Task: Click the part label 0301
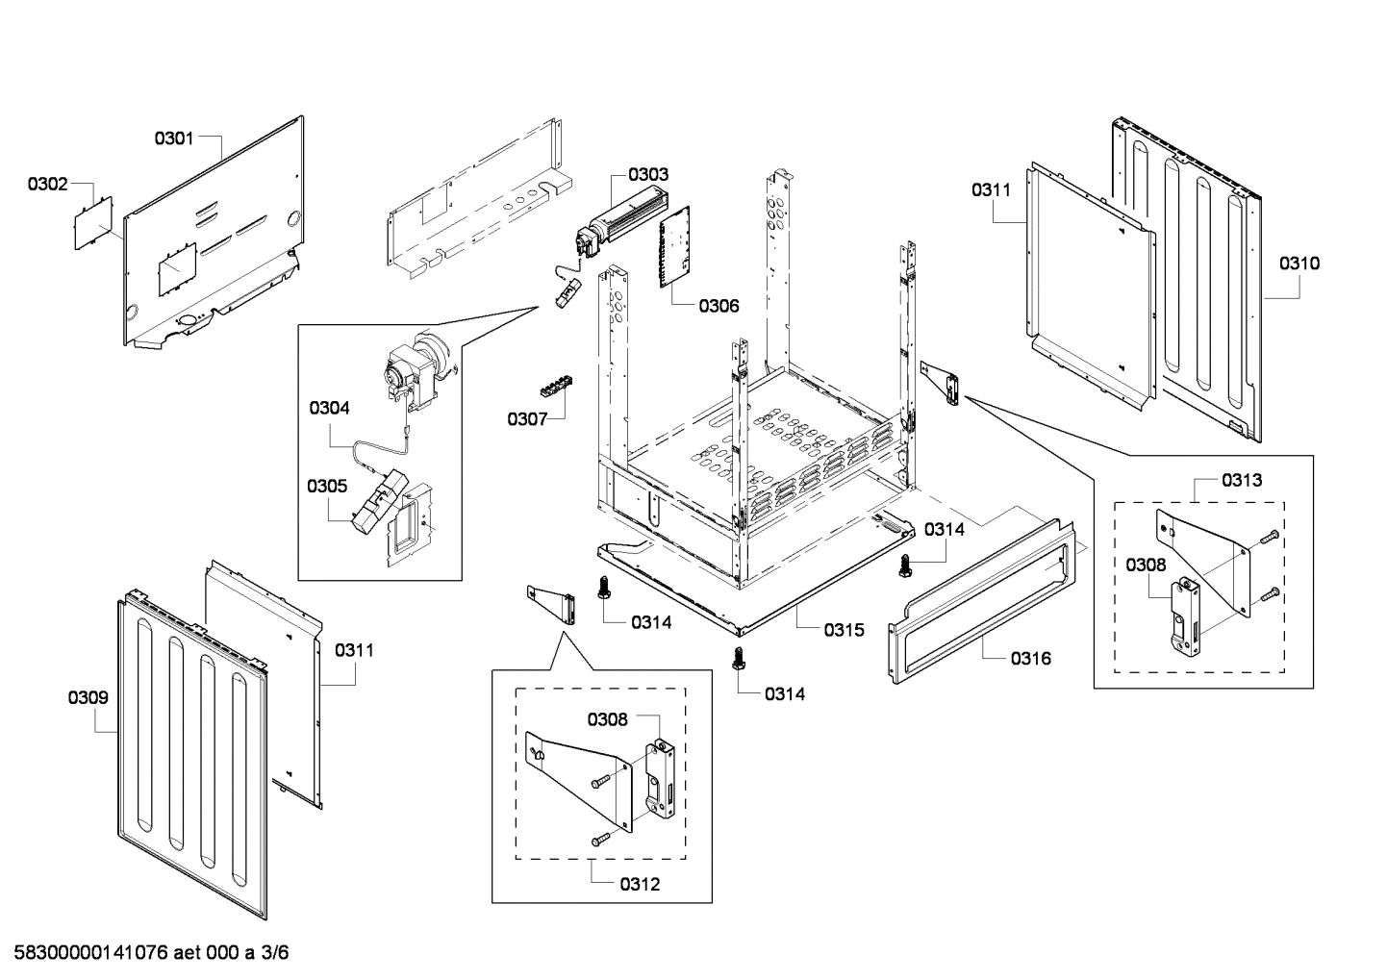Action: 174,138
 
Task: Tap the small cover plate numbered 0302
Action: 94,223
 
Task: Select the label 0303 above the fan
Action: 648,175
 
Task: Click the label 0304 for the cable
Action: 329,408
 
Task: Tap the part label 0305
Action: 327,487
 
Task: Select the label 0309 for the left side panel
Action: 88,697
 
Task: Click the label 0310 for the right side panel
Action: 1299,263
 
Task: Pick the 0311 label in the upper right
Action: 991,190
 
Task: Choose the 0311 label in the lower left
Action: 354,651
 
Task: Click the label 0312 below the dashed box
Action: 641,884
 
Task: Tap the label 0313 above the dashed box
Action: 1242,480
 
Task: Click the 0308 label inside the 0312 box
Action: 608,719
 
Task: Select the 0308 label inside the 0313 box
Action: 1146,565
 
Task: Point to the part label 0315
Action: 844,630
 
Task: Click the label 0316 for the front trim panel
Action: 1030,659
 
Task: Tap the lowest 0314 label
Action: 785,693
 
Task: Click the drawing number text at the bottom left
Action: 145,953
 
